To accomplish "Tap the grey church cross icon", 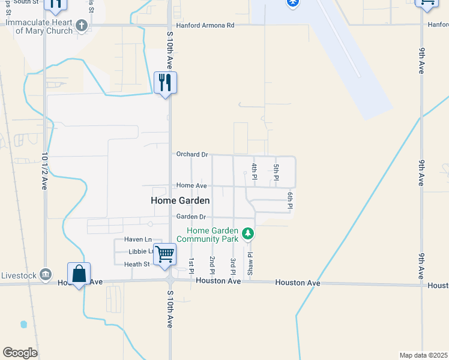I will (82, 26).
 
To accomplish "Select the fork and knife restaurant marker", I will (165, 82).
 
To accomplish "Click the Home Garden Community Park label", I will (212, 235).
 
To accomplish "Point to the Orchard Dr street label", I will (191, 154).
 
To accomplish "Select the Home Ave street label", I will (191, 186).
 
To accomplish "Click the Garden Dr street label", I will (191, 217).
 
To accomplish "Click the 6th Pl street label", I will (289, 201).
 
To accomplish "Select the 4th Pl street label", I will (255, 171).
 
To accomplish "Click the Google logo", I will (20, 353).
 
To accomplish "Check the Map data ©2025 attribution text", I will (423, 355).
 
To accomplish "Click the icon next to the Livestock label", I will (45, 275).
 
